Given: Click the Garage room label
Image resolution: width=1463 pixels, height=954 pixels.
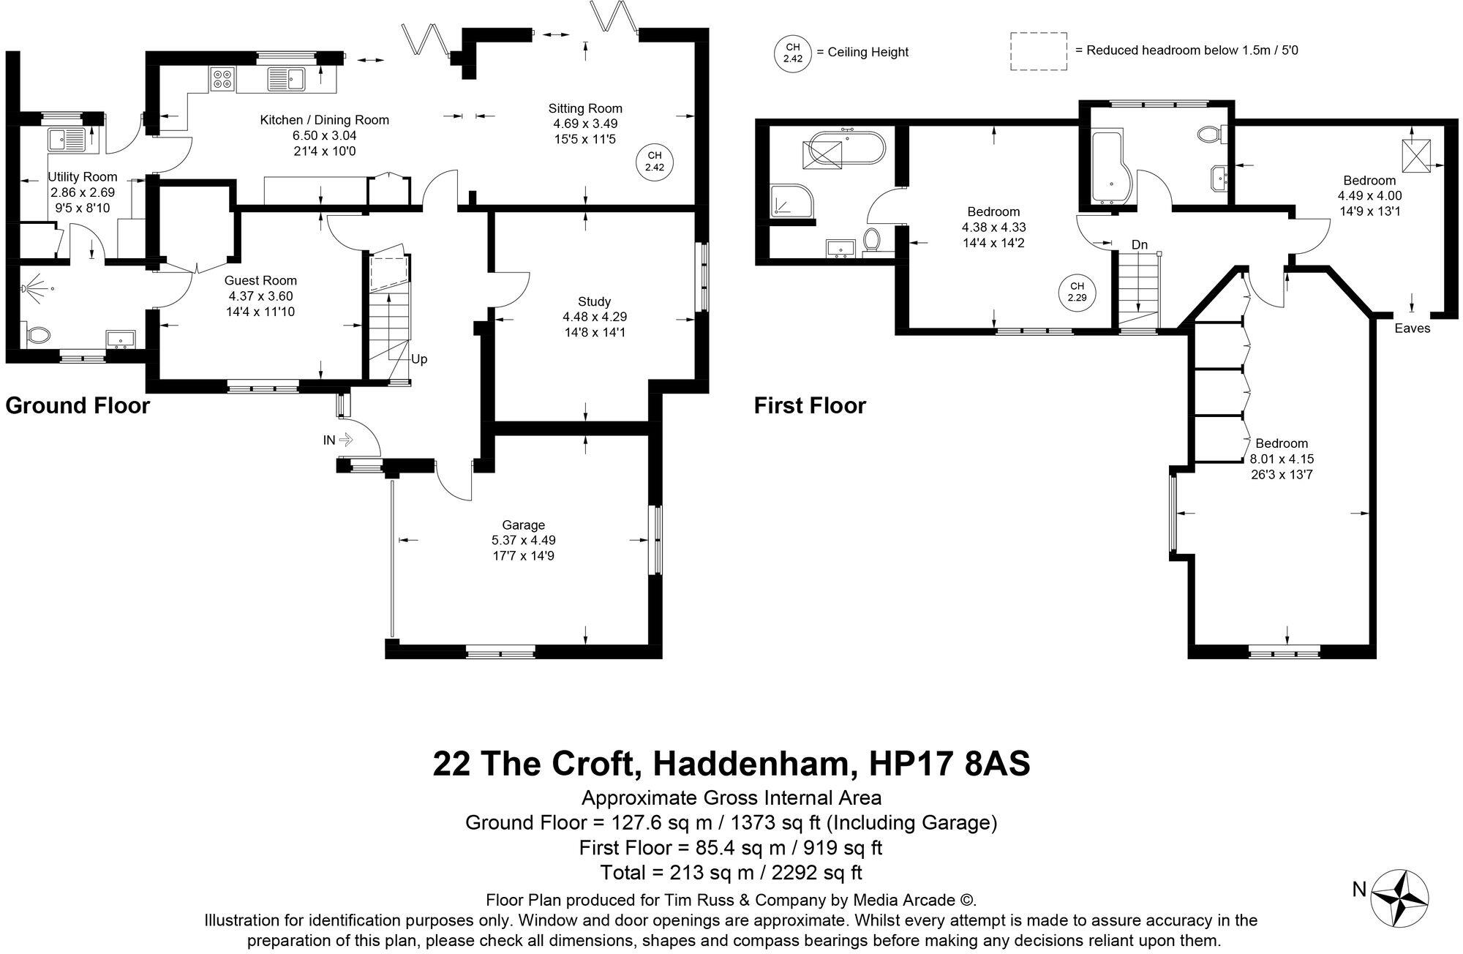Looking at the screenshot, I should [x=523, y=525].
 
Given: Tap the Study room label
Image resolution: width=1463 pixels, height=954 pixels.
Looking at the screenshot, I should [x=594, y=301].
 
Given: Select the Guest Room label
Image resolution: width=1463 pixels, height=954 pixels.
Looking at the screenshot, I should [x=260, y=280].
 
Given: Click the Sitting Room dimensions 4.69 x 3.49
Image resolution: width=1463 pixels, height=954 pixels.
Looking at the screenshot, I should [x=585, y=124].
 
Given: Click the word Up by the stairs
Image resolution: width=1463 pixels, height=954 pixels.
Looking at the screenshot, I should [x=418, y=359].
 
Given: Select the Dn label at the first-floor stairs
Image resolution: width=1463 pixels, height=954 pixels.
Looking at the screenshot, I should [x=1139, y=244].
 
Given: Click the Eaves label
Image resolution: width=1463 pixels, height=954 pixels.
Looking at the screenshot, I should [x=1412, y=328].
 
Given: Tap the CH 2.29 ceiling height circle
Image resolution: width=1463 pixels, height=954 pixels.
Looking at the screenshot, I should [x=1076, y=292].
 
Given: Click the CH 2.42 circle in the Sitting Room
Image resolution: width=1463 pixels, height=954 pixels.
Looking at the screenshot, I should [x=654, y=161].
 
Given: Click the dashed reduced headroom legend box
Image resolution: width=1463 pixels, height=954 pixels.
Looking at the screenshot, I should [x=1038, y=51].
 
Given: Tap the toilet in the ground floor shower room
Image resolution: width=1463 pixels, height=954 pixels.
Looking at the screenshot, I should [x=37, y=335].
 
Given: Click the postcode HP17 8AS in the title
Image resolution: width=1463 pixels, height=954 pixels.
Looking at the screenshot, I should [x=949, y=763].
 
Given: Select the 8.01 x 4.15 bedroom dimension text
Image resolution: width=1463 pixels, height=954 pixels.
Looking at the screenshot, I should [x=1282, y=459].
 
